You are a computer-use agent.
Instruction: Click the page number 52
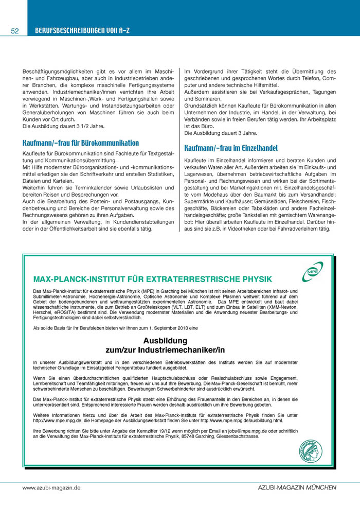[14, 31]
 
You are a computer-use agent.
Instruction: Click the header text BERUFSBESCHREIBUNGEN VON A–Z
[82, 31]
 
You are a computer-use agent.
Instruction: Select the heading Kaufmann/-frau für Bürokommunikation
[81, 143]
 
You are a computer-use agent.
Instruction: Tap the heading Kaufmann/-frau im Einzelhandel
[230, 148]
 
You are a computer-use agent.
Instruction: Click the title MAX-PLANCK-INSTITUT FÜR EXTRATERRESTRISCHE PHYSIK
[152, 279]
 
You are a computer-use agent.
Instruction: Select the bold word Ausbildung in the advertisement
[165, 341]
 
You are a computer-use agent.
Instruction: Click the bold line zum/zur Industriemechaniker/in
[165, 350]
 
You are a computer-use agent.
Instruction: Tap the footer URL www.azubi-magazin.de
[51, 486]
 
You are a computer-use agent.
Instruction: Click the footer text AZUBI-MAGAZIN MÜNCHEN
[297, 486]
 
